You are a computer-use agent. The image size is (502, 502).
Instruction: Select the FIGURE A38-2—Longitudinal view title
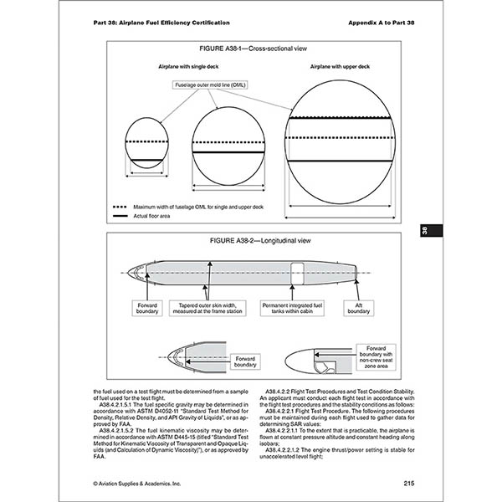(x=251, y=242)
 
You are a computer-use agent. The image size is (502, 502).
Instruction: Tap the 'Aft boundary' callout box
(x=365, y=309)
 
